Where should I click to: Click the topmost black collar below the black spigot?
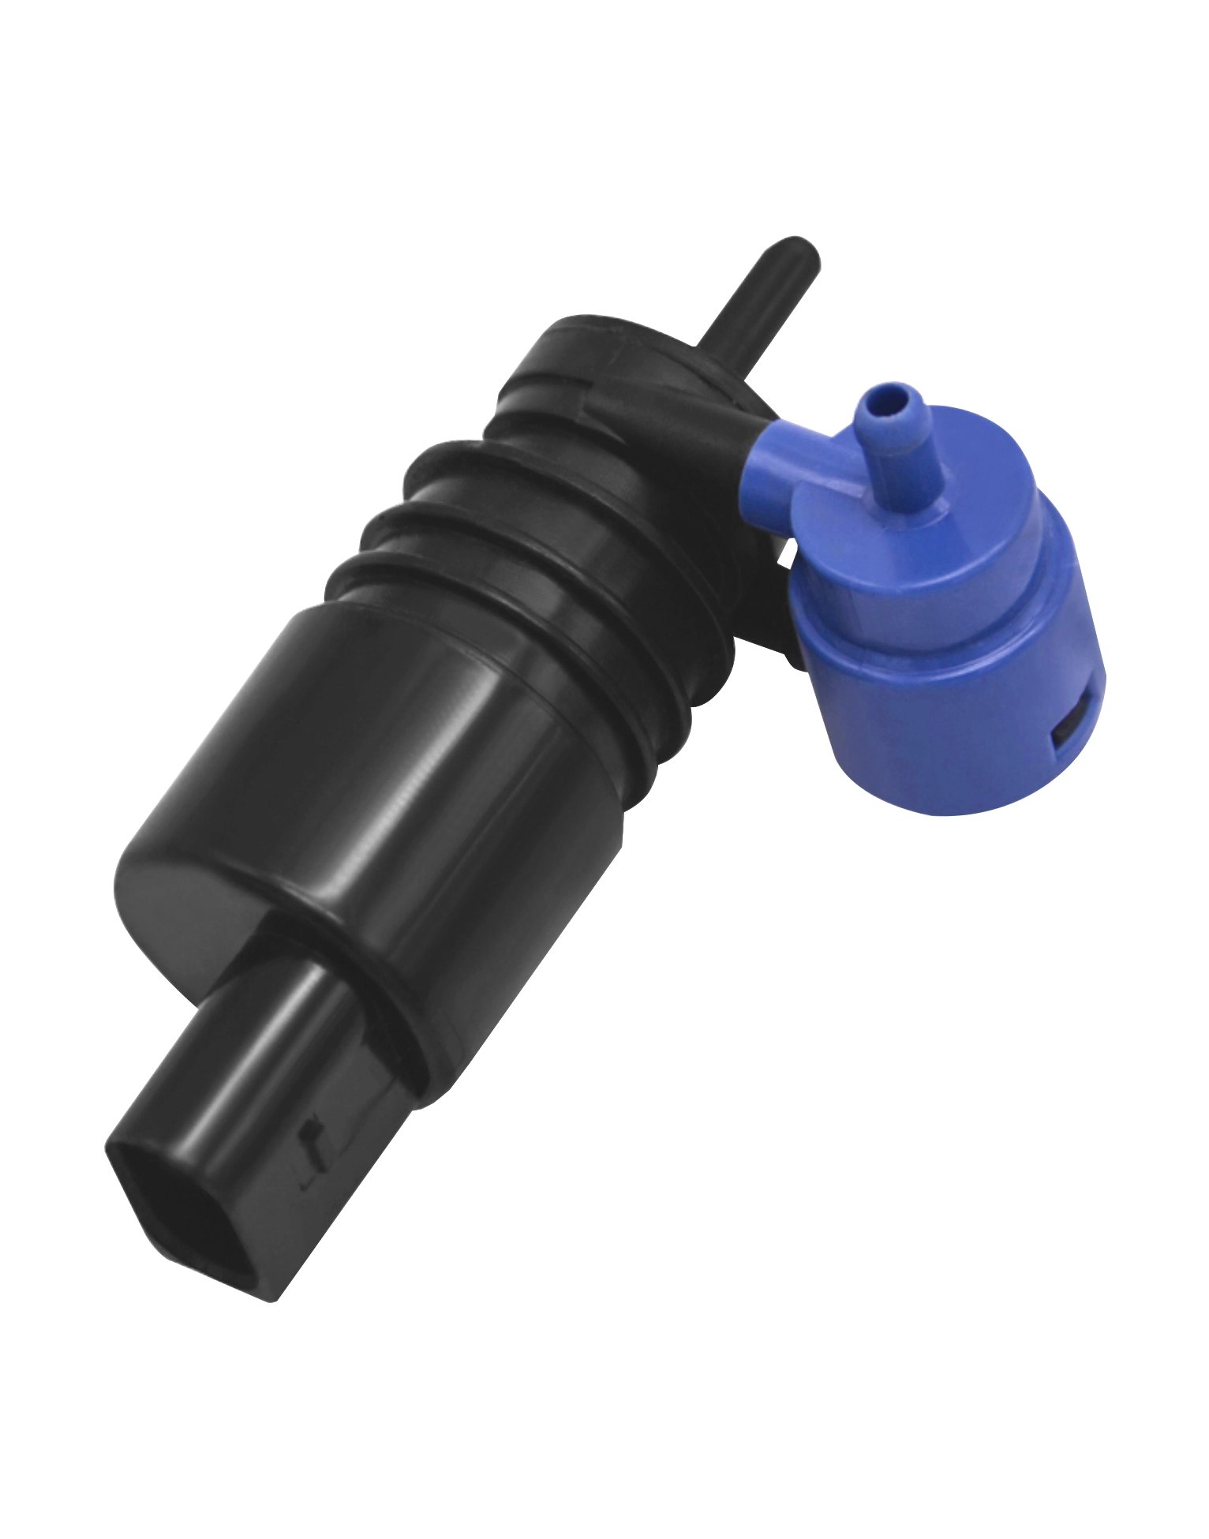(616, 347)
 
